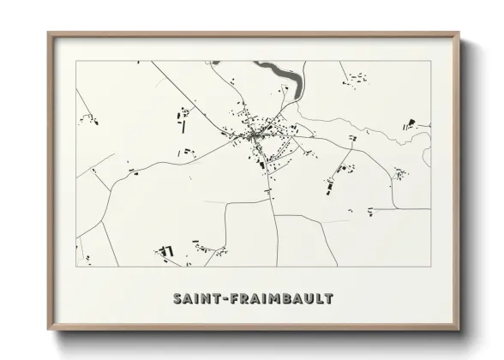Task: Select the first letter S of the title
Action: point(177,298)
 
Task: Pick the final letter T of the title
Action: point(328,298)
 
